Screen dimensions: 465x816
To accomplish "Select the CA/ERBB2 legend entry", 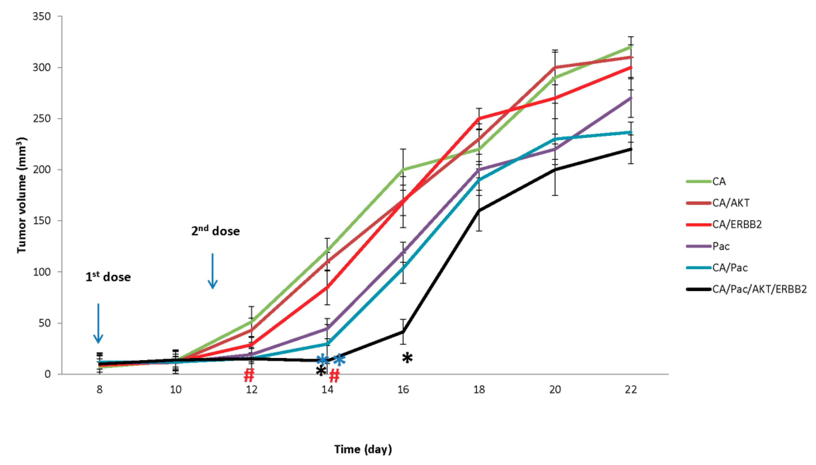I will pyautogui.click(x=736, y=224).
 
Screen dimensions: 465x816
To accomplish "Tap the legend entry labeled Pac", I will pyautogui.click(x=721, y=246).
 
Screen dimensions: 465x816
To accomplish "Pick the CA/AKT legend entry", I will pyautogui.click(x=730, y=203).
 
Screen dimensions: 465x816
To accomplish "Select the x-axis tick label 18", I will pyautogui.click(x=479, y=389).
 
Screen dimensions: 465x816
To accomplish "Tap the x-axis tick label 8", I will pyautogui.click(x=99, y=389).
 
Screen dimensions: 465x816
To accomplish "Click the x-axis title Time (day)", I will pyautogui.click(x=363, y=449).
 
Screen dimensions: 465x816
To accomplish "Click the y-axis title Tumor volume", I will pyautogui.click(x=21, y=195).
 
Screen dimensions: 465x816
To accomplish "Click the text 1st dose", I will pyautogui.click(x=108, y=277).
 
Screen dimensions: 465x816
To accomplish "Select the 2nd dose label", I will pyautogui.click(x=215, y=231).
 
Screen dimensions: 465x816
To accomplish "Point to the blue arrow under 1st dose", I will pyautogui.click(x=98, y=323).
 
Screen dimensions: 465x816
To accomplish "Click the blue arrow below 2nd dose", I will pyautogui.click(x=213, y=271).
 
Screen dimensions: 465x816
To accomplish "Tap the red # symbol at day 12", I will pyautogui.click(x=249, y=375).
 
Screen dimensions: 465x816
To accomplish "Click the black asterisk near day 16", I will pyautogui.click(x=407, y=358).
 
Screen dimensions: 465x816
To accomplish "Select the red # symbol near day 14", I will pyautogui.click(x=334, y=376).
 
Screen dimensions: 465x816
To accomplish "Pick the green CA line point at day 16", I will pyautogui.click(x=403, y=170).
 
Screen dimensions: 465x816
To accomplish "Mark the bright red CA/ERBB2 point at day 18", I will pyautogui.click(x=479, y=119).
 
